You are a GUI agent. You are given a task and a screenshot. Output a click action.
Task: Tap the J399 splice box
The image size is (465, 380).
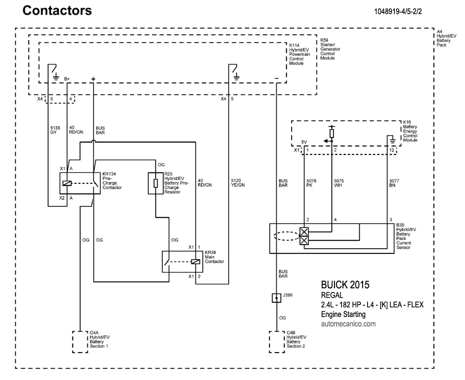tap(276, 298)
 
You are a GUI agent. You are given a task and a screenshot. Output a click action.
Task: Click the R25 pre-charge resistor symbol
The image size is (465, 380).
tap(156, 183)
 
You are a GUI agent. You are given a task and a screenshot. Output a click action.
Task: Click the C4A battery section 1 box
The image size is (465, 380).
tap(79, 341)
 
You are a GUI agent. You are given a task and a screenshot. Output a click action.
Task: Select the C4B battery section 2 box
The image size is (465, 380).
tap(276, 341)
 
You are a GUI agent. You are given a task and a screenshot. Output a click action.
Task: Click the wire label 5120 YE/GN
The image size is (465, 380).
tap(237, 183)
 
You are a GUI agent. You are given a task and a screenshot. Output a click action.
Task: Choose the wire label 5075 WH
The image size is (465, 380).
tap(339, 183)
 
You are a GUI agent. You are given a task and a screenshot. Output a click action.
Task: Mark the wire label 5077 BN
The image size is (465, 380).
tap(395, 183)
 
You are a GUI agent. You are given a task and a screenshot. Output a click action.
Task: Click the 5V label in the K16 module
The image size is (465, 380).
tap(304, 142)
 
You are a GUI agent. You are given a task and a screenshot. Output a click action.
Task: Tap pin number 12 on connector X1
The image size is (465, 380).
tap(391, 150)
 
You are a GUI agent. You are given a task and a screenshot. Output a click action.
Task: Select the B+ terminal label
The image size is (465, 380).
tap(67, 78)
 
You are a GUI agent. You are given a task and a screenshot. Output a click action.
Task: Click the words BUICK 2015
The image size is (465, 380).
tap(345, 284)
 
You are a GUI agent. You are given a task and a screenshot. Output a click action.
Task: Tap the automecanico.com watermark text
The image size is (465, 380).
tap(349, 324)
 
